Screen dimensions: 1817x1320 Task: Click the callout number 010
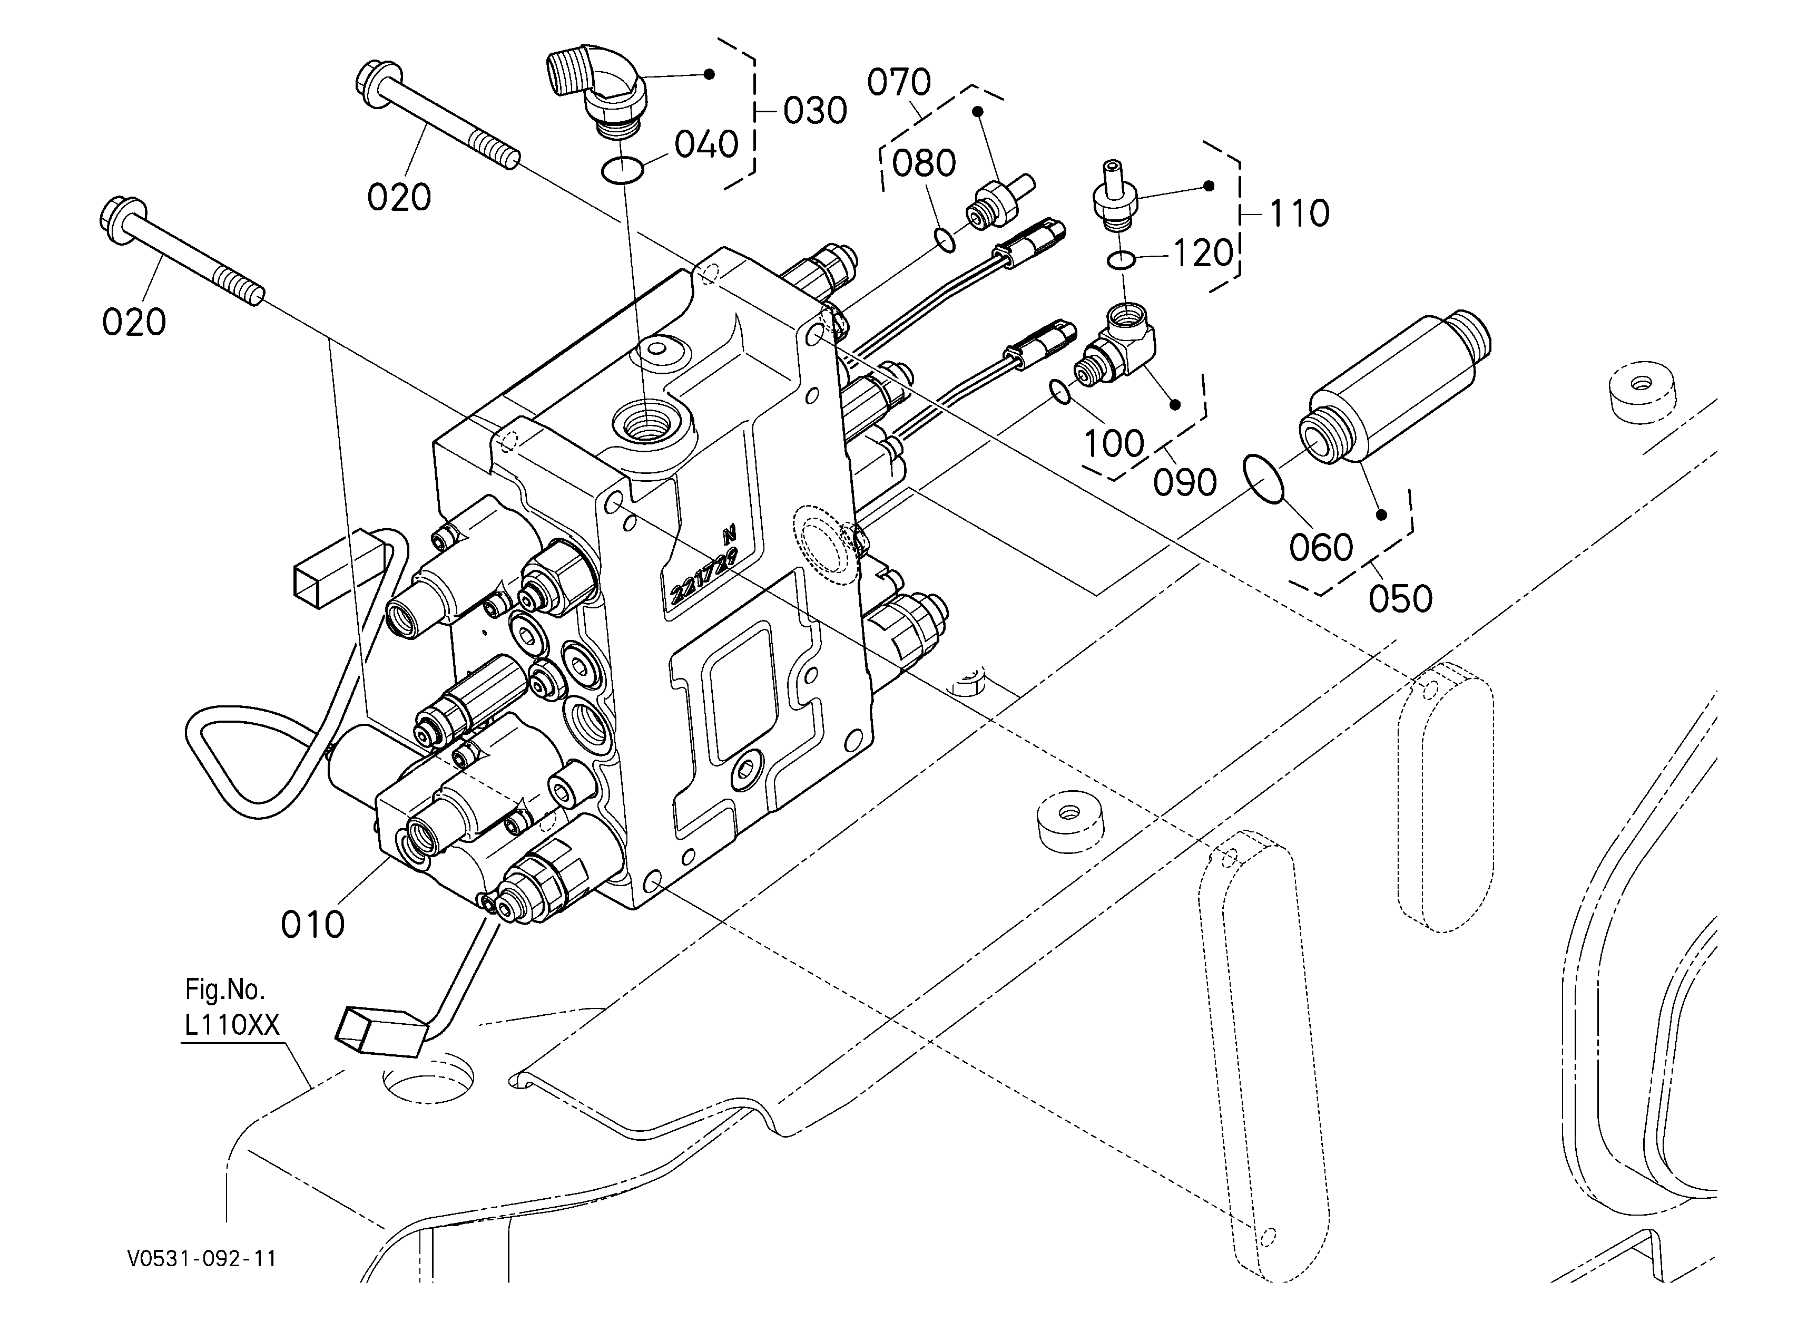click(x=312, y=925)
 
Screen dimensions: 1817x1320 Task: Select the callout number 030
click(x=815, y=111)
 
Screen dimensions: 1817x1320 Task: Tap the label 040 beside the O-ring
click(x=706, y=145)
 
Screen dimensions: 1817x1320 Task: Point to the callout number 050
click(x=1400, y=599)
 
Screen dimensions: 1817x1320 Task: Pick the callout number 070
click(x=899, y=83)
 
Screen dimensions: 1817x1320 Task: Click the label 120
click(x=1203, y=253)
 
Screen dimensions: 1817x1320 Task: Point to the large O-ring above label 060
click(x=1263, y=479)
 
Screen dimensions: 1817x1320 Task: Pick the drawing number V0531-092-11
click(x=202, y=1259)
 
